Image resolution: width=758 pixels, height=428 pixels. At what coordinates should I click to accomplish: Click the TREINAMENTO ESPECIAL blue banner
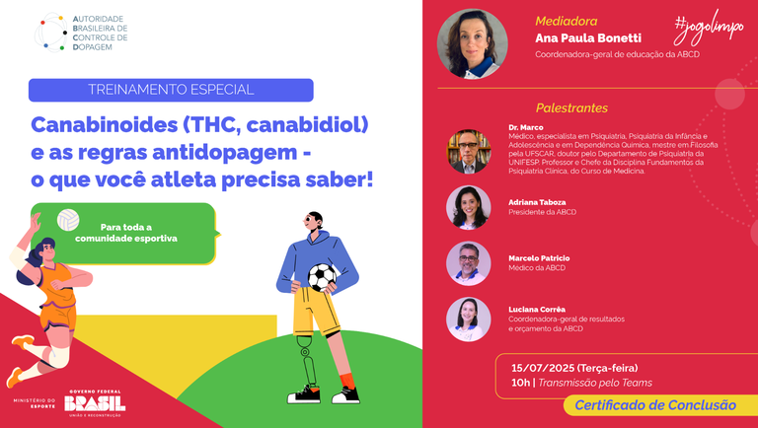pos(171,90)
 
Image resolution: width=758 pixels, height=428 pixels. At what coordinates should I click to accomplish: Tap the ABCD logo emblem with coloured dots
pos(51,32)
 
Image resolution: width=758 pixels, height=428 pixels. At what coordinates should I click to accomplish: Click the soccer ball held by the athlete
pos(322,278)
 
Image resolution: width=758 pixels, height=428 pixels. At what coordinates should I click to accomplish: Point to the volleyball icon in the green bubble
pos(67,219)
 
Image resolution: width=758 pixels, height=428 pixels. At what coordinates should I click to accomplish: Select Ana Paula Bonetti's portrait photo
pos(472,43)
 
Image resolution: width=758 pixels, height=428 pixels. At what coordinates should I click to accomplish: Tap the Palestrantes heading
pos(571,107)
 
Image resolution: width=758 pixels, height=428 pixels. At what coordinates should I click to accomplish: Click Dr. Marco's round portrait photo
pos(469,151)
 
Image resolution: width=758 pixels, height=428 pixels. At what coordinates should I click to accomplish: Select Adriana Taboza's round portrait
pos(469,207)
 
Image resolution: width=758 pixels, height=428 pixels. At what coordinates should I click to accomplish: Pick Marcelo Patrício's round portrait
pos(469,262)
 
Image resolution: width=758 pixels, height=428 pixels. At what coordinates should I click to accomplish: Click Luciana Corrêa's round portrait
pos(469,319)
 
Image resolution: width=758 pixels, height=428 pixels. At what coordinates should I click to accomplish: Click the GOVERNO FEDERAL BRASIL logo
pos(94,403)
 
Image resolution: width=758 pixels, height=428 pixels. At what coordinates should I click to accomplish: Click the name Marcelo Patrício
pos(539,258)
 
